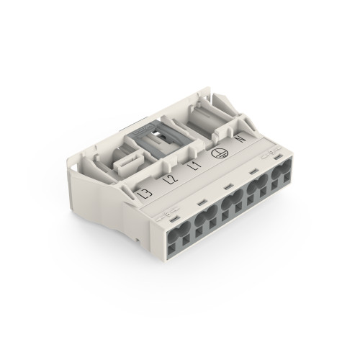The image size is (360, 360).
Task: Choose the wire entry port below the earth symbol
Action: point(255,197)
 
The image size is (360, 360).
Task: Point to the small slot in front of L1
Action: point(227,186)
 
